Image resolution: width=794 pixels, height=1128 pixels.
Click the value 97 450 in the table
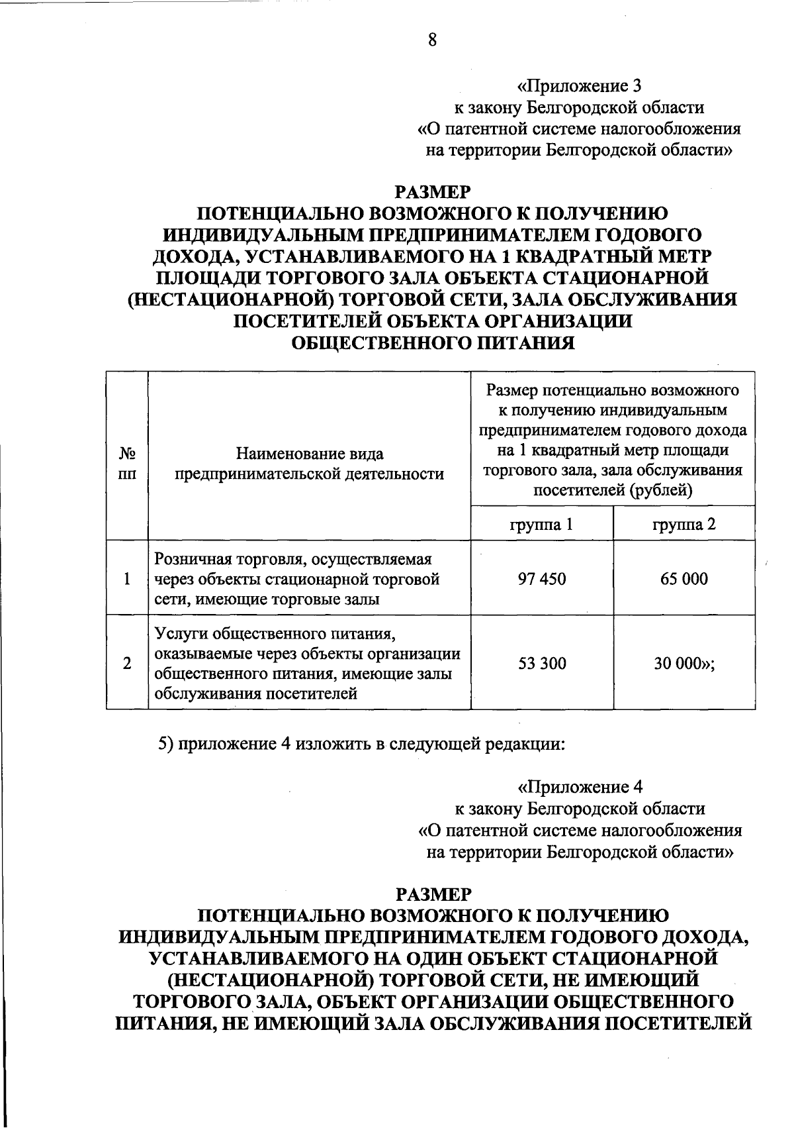click(x=542, y=579)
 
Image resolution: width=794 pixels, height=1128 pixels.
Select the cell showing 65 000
click(x=684, y=579)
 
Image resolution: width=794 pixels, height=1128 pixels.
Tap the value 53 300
click(x=542, y=663)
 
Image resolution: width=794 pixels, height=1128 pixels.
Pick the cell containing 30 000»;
click(x=685, y=663)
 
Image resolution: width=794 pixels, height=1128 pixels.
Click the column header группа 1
click(x=542, y=525)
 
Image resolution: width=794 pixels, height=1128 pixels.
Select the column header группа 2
click(x=684, y=525)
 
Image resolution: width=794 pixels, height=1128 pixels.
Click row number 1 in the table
click(x=126, y=579)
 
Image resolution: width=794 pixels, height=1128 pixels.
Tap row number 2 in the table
click(x=126, y=663)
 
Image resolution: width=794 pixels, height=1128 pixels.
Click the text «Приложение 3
click(x=579, y=86)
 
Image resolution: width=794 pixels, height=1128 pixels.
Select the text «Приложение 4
click(x=580, y=787)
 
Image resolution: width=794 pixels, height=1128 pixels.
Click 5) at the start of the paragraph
click(x=165, y=743)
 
